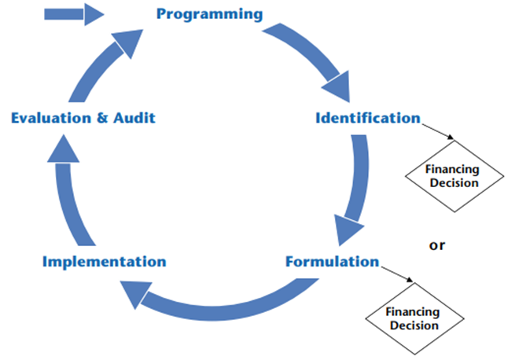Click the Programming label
(209, 14)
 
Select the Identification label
(367, 119)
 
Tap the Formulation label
(333, 261)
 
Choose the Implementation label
(105, 261)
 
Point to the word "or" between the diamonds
(436, 245)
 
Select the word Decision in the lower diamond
(413, 325)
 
